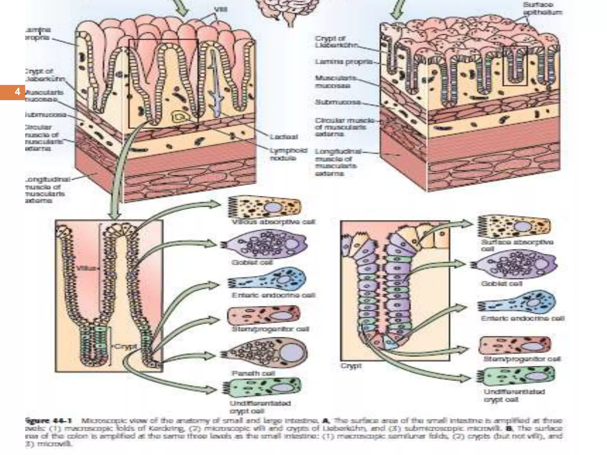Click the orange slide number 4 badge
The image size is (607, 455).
click(x=12, y=92)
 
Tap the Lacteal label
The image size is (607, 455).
click(x=284, y=137)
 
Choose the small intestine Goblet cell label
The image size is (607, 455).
click(x=252, y=262)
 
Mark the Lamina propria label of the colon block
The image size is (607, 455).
click(x=343, y=62)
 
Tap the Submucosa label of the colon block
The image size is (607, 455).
click(x=338, y=102)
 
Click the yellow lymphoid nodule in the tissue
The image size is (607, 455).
click(x=179, y=117)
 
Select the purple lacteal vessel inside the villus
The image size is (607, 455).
click(x=215, y=86)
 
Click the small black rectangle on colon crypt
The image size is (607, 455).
click(x=515, y=66)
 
